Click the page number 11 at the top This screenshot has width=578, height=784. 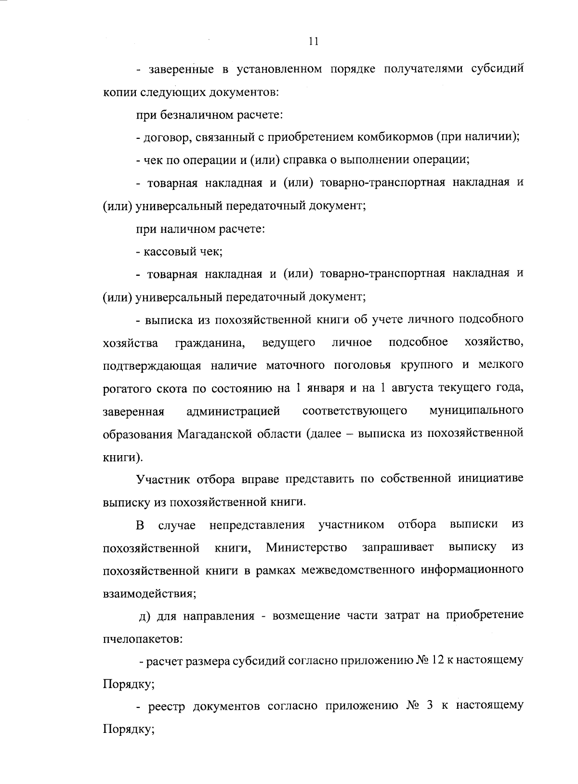click(x=314, y=41)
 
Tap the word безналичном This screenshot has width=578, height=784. click(x=187, y=115)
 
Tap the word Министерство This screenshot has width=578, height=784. click(x=306, y=548)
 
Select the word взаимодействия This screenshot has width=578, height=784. click(x=149, y=593)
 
